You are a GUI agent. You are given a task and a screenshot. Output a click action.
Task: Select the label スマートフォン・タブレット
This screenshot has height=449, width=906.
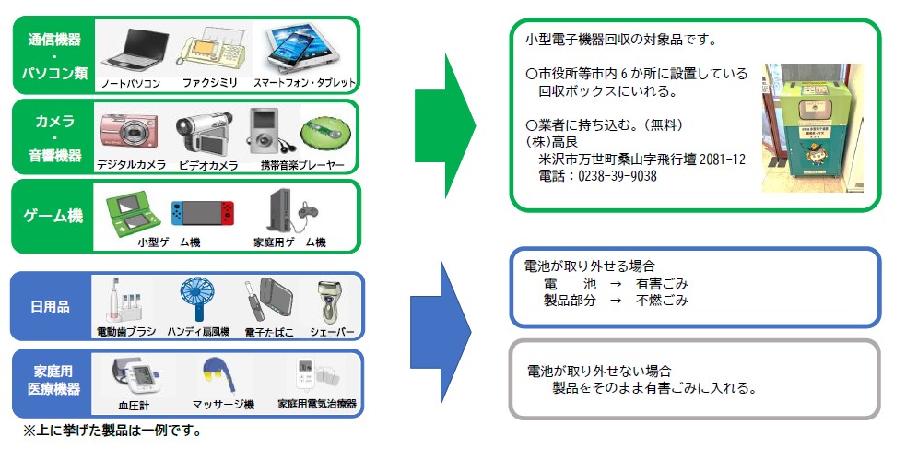pyautogui.click(x=304, y=83)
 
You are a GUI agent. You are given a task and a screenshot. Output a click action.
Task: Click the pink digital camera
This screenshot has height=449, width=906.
pyautogui.click(x=130, y=133)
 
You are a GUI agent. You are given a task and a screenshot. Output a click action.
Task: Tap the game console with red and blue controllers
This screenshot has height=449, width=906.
pyautogui.click(x=202, y=215)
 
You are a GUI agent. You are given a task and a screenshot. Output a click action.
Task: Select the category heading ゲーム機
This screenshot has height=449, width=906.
pyautogui.click(x=53, y=217)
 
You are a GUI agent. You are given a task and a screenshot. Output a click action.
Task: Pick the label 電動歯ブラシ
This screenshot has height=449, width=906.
pyautogui.click(x=126, y=331)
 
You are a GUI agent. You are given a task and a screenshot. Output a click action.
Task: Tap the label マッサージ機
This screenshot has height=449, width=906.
pyautogui.click(x=223, y=404)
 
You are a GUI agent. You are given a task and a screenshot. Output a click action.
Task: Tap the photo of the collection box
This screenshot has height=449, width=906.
pyautogui.click(x=812, y=127)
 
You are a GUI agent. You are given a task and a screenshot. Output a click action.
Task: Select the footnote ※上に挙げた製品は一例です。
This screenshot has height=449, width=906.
pyautogui.click(x=112, y=431)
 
